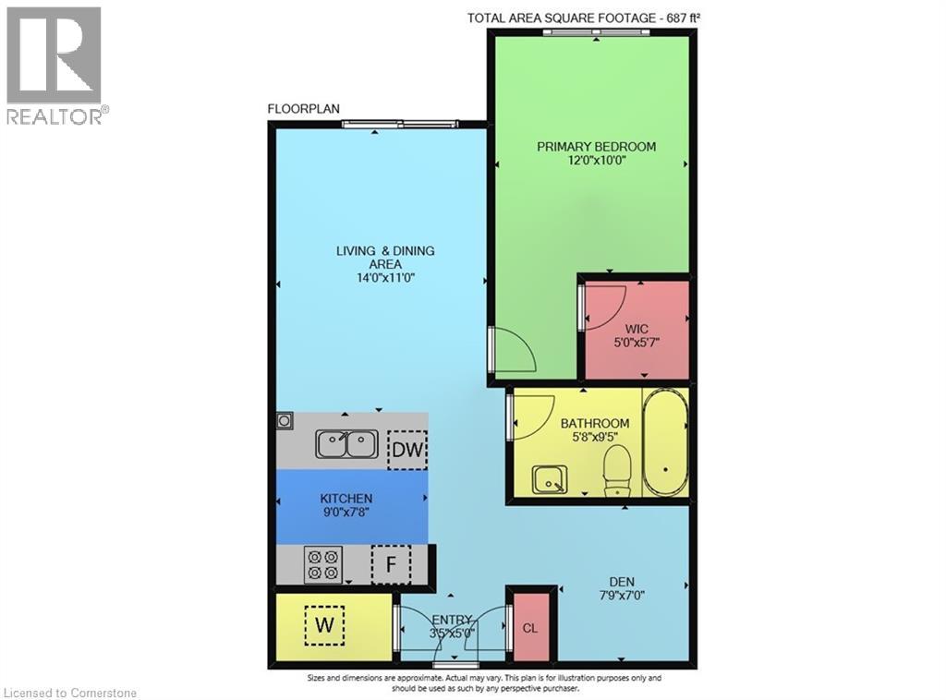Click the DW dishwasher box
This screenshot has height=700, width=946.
click(x=406, y=450)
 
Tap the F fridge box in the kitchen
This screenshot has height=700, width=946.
click(x=390, y=564)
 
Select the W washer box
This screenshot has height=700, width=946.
click(x=323, y=625)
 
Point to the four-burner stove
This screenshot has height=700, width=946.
click(x=323, y=564)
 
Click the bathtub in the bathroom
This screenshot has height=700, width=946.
click(x=664, y=445)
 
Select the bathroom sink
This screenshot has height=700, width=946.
click(x=550, y=479)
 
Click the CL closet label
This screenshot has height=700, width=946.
click(x=530, y=628)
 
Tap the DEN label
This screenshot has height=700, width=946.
click(x=634, y=582)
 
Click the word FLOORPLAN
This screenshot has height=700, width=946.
click(x=304, y=109)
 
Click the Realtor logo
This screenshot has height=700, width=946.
click(x=55, y=65)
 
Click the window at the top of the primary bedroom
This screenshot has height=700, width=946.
click(x=596, y=32)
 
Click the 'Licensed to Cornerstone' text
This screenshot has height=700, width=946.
click(x=70, y=693)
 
